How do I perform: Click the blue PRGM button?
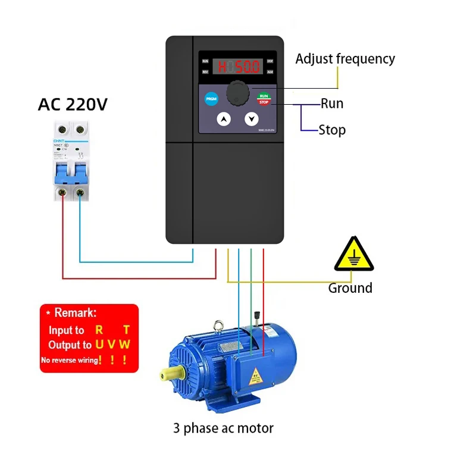(211, 99)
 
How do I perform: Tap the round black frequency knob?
(237, 93)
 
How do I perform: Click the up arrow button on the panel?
(224, 120)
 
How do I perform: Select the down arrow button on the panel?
(251, 120)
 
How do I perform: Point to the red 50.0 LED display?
(238, 66)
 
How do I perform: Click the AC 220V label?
(73, 105)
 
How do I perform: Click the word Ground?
(350, 288)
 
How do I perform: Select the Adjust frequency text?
(345, 59)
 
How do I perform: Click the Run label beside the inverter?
(332, 104)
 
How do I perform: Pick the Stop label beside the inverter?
(332, 130)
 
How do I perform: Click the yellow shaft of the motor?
(171, 374)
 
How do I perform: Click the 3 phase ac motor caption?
(224, 428)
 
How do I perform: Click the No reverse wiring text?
(69, 360)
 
